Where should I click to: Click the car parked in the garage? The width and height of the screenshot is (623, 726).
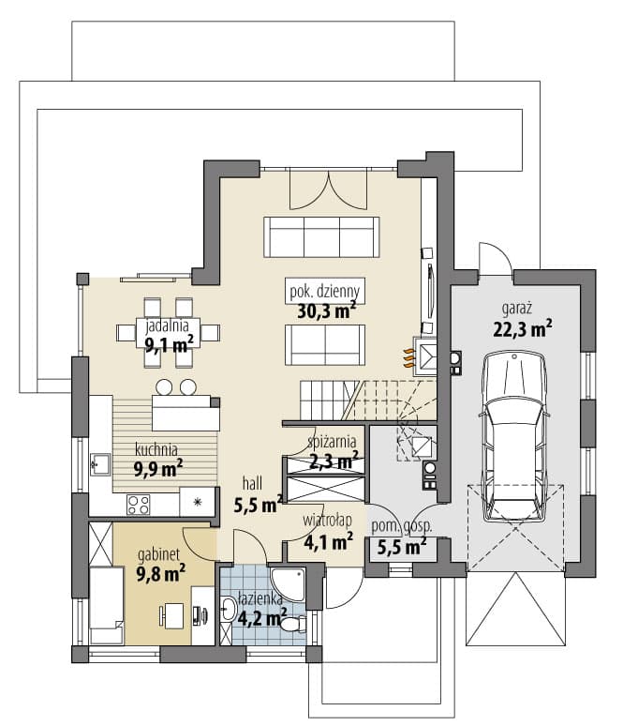(513, 435)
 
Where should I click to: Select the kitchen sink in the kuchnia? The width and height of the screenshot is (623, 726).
(100, 464)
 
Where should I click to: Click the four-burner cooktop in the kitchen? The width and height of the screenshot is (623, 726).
(139, 505)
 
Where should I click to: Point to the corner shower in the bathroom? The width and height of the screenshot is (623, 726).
(288, 582)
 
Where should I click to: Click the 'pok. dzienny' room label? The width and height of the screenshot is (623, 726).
(325, 291)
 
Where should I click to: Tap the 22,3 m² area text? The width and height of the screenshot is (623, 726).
(522, 328)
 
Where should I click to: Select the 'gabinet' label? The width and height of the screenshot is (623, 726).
(158, 554)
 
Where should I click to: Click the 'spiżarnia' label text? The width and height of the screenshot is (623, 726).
(332, 442)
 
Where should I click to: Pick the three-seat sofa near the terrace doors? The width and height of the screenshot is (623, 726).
(321, 236)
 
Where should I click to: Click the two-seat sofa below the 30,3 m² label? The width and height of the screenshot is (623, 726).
(325, 345)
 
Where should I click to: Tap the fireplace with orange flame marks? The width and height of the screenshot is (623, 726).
(424, 355)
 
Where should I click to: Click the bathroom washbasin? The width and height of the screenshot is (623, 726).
(229, 608)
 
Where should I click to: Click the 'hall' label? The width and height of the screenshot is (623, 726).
(252, 484)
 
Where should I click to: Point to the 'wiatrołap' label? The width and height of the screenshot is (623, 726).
(327, 521)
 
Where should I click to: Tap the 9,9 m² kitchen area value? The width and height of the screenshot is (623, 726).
(158, 469)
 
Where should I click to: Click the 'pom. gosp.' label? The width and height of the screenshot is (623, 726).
(402, 527)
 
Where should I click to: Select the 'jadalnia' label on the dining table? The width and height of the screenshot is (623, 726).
(167, 326)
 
